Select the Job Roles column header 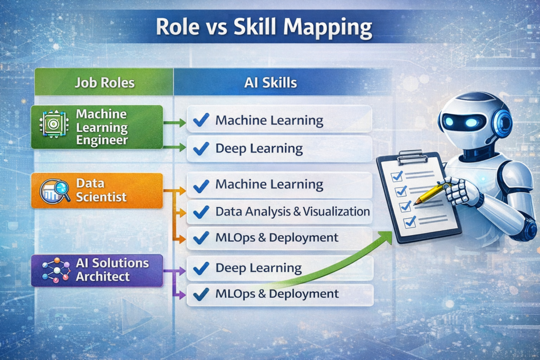click(104, 82)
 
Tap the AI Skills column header click(270, 82)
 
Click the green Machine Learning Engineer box click(97, 127)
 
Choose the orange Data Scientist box click(97, 190)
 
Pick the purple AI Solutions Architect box click(97, 270)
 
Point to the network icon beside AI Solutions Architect click(55, 270)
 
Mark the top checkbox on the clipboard click(397, 174)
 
